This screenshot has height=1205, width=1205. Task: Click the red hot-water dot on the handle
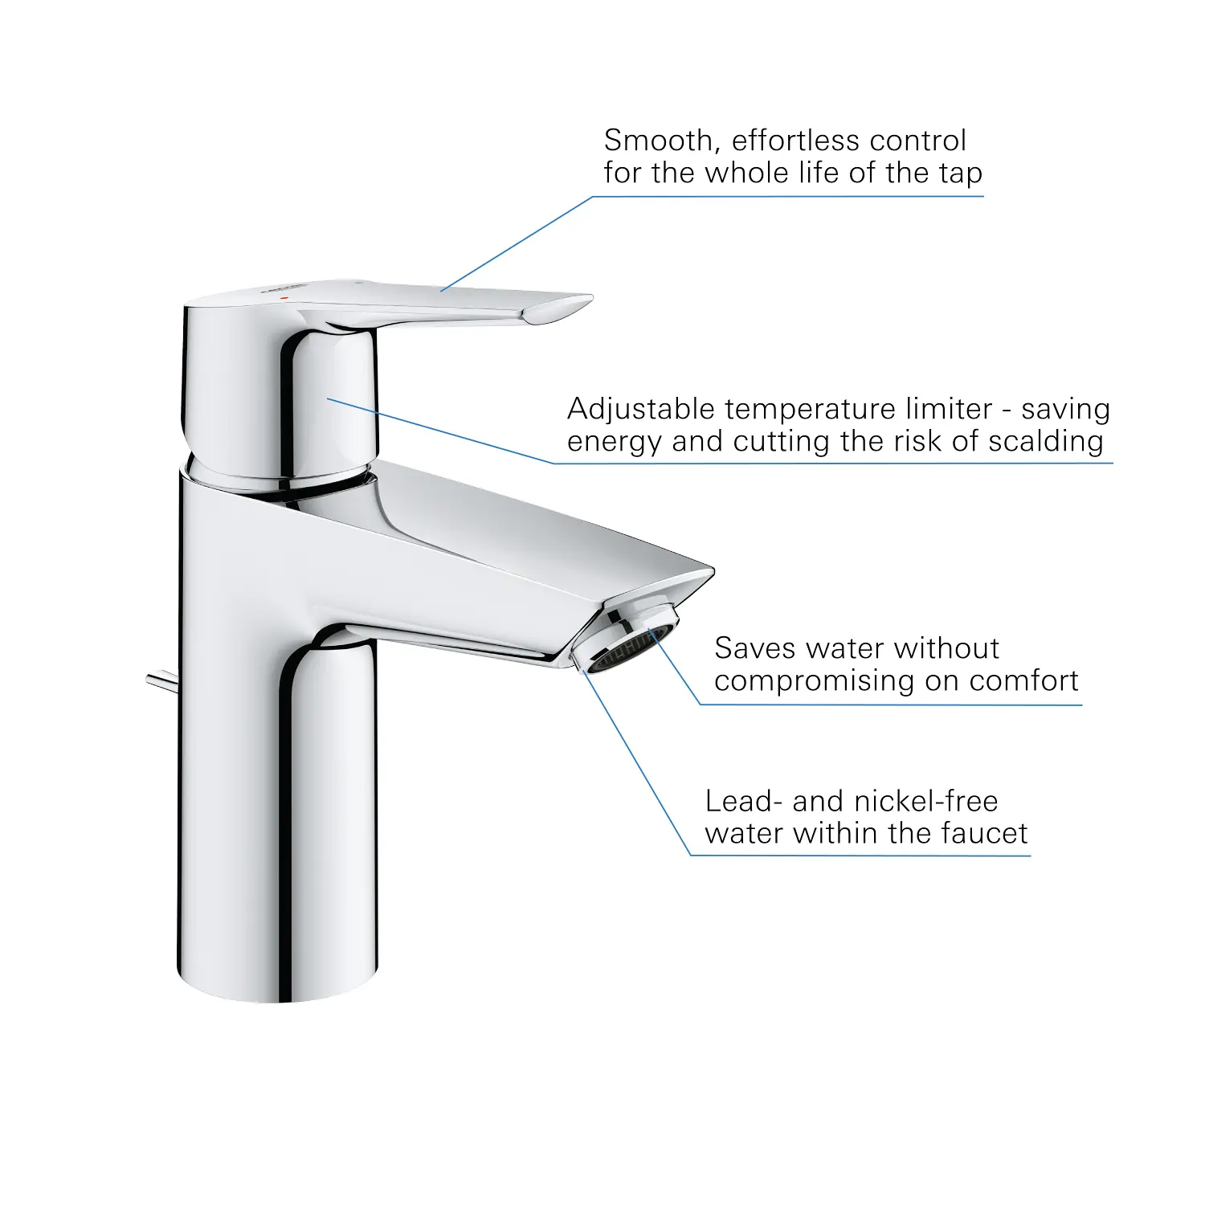[x=284, y=297]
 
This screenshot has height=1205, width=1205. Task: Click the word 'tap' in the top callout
[x=961, y=174]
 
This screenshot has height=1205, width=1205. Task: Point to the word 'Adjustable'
[x=641, y=411]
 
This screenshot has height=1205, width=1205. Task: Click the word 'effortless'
[x=796, y=141]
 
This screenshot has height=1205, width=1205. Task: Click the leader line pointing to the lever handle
[x=517, y=243]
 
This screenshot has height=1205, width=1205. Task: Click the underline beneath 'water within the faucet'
[x=860, y=856]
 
